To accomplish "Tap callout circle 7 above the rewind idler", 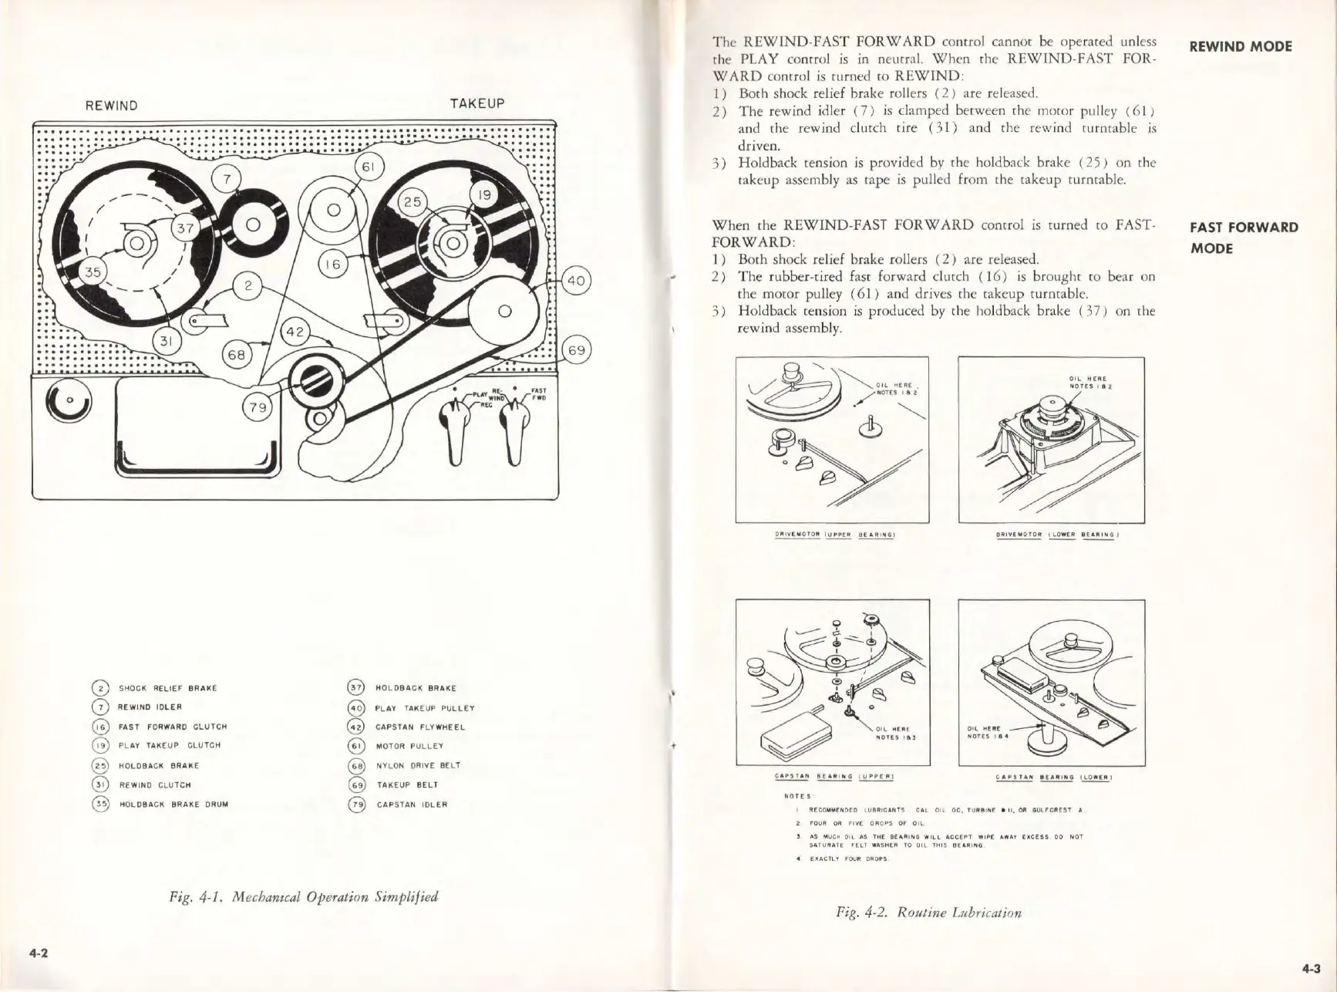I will click(227, 179).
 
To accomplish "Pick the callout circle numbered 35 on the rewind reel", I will click(93, 272).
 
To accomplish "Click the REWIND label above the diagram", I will click(112, 106).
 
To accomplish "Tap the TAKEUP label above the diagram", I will click(477, 103).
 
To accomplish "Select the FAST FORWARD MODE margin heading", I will click(1244, 238).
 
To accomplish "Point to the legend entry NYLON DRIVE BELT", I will click(418, 766).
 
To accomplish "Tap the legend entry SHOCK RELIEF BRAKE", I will click(167, 688).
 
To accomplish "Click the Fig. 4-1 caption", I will click(304, 896).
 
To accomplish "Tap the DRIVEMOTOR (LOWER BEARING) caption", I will click(1052, 534).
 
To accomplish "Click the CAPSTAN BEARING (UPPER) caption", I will click(834, 777).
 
